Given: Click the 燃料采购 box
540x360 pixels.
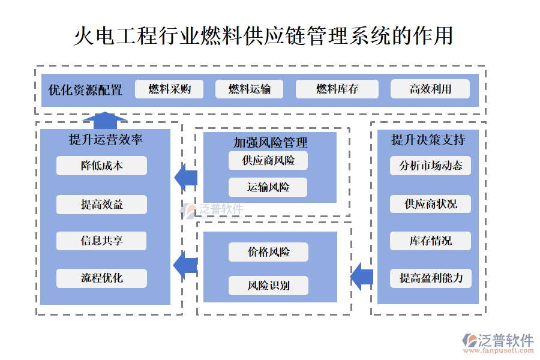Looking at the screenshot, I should pos(169,89).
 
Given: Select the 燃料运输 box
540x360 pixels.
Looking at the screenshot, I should pos(249,89).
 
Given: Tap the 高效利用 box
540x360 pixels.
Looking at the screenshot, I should pos(430,89).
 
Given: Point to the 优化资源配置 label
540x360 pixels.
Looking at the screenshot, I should pos(85,91).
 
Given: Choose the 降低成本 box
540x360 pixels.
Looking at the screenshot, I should pos(101,166).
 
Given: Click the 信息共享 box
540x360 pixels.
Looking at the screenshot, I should pos(101,241).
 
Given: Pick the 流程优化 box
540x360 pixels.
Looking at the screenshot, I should pos(101,278).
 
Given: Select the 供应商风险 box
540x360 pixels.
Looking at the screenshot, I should pos(268,160).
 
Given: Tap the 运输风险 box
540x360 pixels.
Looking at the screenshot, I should pos(268,187).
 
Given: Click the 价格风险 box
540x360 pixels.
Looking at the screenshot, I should pos(268,252).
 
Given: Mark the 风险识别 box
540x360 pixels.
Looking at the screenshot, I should pos(268,286).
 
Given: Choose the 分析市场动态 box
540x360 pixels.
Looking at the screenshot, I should pos(430,166).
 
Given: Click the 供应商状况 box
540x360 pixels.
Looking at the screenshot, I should pos(430,204).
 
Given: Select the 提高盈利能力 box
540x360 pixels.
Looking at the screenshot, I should pos(430,278).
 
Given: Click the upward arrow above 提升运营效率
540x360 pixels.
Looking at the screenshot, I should pos(105,119).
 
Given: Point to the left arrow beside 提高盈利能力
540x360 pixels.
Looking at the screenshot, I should pos(362,277).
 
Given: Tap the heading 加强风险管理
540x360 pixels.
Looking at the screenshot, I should pos(270,142).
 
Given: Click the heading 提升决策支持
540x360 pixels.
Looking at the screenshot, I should pos(428,140).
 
